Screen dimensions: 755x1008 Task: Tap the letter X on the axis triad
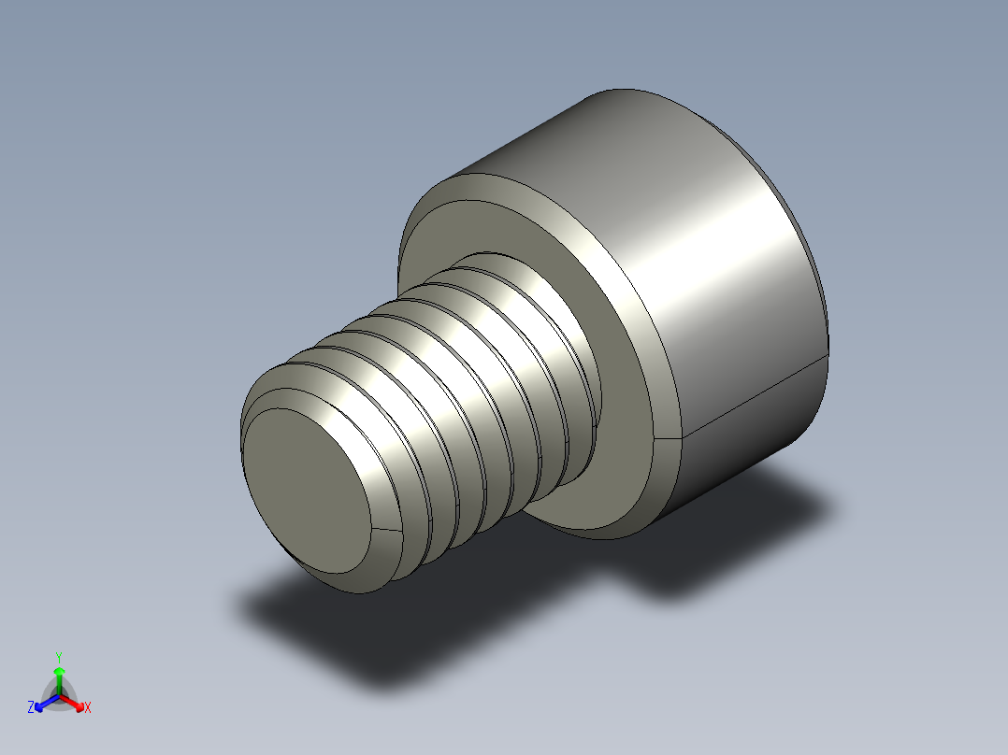pos(88,708)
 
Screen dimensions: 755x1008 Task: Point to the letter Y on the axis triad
pos(58,657)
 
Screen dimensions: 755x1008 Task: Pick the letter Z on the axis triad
pos(31,708)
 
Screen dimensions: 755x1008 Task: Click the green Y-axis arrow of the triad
pos(58,677)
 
